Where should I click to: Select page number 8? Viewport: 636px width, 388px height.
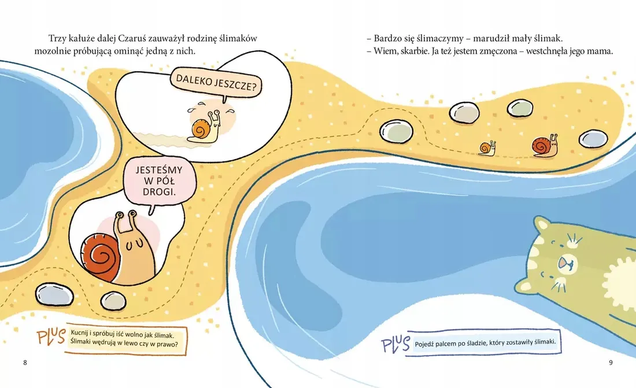pos(25,363)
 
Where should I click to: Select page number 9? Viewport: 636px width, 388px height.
pos(611,363)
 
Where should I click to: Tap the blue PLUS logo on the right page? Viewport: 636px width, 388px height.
pos(396,344)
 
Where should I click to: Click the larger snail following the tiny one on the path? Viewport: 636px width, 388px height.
pos(545,146)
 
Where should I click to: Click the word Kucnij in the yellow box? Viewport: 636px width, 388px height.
pos(81,334)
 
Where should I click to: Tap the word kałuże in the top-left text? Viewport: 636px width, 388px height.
pos(84,38)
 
